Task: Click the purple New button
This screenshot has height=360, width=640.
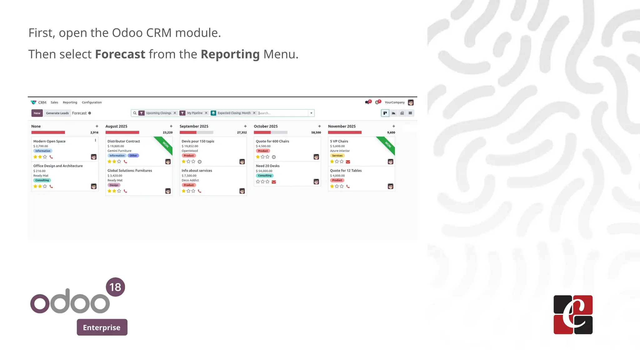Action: [x=37, y=113]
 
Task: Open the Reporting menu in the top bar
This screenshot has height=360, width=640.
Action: [x=70, y=102]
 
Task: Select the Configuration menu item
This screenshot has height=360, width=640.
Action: [x=92, y=102]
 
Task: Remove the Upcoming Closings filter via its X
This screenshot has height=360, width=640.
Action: [x=175, y=113]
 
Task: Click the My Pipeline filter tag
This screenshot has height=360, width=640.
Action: [x=195, y=113]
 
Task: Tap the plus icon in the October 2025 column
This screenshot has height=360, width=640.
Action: [x=319, y=126]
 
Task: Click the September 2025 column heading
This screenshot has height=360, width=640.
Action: [x=194, y=126]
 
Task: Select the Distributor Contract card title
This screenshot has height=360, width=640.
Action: [x=124, y=141]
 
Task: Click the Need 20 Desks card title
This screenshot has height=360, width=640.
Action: [x=267, y=166]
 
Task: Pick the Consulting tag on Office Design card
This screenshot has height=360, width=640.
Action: [x=42, y=180]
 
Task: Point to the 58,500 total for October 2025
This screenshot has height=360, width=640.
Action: [x=316, y=132]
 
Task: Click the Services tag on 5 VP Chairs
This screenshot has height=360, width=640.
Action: [x=337, y=156]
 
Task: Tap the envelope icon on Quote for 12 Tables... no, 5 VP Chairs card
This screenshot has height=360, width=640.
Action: [x=348, y=162]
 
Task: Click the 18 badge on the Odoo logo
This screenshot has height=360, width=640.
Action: [x=115, y=287]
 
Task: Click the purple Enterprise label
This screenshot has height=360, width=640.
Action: [x=102, y=327]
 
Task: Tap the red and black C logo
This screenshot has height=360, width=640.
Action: [x=573, y=315]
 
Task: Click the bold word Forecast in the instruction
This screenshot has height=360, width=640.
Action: [x=120, y=54]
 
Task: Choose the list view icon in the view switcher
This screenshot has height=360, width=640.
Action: [x=410, y=113]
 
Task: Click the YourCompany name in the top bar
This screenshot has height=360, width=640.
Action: [x=394, y=102]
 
